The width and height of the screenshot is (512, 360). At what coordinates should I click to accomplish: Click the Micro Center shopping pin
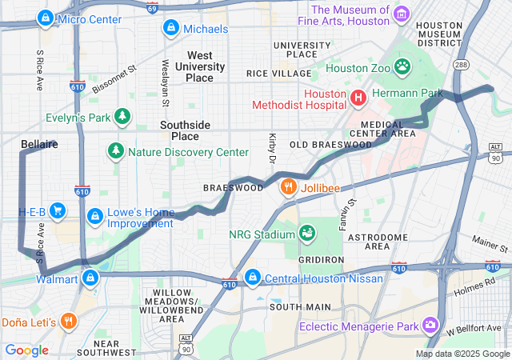[x=47, y=18]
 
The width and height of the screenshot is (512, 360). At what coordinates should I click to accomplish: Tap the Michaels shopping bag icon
[x=170, y=29]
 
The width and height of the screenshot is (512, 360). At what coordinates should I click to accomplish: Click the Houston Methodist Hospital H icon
[x=358, y=98]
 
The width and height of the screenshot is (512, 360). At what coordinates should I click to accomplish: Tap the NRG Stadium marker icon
[x=306, y=233]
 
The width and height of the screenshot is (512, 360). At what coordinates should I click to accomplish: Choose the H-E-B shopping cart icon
[x=58, y=211]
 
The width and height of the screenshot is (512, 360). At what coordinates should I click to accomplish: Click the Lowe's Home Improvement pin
[x=95, y=216]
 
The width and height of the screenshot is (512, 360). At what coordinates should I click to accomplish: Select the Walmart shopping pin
[x=90, y=278]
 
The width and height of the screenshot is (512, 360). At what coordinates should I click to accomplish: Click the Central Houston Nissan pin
[x=253, y=278]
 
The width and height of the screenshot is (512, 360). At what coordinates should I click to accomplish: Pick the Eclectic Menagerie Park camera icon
[x=431, y=325]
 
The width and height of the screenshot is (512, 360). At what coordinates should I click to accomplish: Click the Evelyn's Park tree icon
[x=122, y=118]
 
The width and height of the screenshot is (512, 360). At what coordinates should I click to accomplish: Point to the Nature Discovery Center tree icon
[x=117, y=151]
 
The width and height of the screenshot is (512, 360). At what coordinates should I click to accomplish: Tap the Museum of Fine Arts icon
[x=402, y=14]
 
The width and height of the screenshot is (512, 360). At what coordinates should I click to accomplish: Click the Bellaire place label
[x=38, y=144]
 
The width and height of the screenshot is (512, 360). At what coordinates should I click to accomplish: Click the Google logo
[x=26, y=350]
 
